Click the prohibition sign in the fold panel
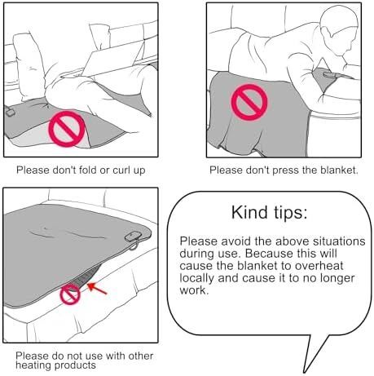(67, 129)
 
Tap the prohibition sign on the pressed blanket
(249, 102)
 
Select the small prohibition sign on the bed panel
(70, 294)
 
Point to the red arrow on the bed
(97, 289)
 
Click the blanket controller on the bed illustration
(133, 237)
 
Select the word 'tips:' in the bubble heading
(290, 212)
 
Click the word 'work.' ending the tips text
(194, 290)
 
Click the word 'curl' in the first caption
(121, 170)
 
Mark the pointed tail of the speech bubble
(305, 372)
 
